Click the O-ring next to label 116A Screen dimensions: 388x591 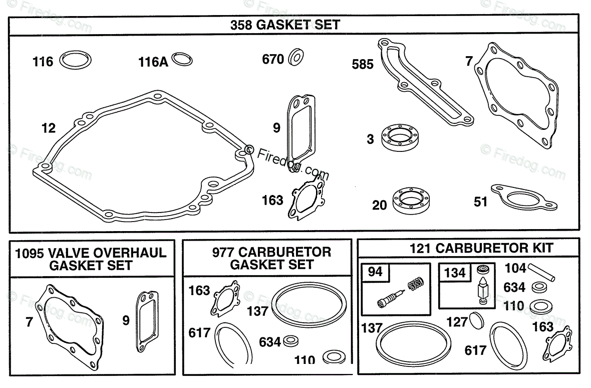(x=182, y=60)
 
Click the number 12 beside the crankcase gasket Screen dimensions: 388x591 (x=49, y=128)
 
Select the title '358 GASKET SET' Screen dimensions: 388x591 (x=285, y=25)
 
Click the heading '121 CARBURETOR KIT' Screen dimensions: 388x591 (x=481, y=248)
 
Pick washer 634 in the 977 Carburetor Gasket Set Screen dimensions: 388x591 (x=290, y=342)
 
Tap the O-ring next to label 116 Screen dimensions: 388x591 (x=75, y=61)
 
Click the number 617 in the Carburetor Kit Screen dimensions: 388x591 (x=475, y=350)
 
